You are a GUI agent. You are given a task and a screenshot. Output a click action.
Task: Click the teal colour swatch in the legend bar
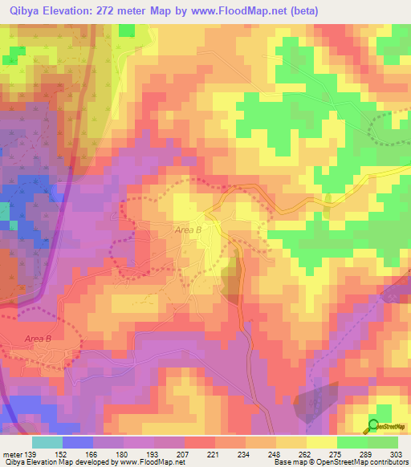(47, 442)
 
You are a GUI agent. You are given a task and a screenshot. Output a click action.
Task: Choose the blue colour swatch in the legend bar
(78, 442)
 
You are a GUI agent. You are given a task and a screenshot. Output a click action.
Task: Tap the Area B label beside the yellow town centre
(189, 230)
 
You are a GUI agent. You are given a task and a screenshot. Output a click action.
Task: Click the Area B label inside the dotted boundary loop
(38, 339)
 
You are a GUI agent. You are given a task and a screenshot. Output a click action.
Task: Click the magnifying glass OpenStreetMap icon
(373, 426)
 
